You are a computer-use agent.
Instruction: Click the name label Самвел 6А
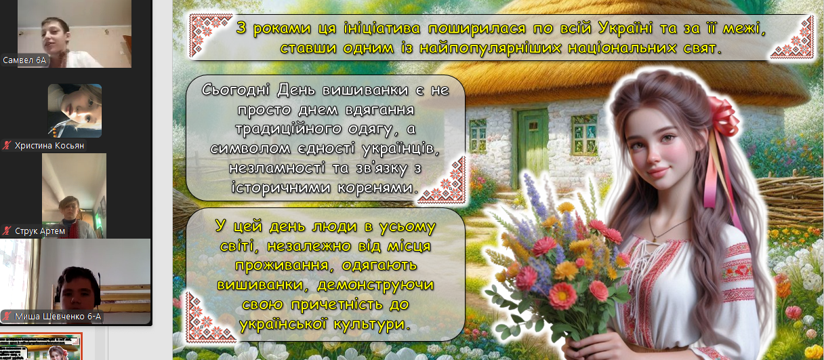24,60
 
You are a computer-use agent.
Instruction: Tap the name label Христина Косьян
49,146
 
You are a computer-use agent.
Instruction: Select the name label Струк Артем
40,231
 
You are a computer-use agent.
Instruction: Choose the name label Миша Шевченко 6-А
58,317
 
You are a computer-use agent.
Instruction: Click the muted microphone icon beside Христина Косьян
7,146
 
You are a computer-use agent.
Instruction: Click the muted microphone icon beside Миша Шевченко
7,317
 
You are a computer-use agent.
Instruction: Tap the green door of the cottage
533,144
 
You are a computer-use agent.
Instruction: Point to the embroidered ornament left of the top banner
211,36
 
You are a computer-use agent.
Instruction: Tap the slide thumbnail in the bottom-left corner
41,346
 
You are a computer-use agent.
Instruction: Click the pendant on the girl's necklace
653,239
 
